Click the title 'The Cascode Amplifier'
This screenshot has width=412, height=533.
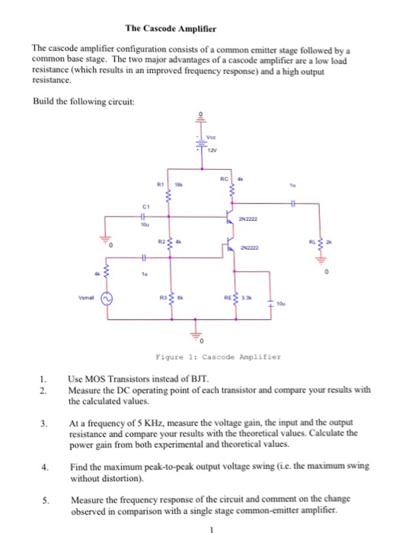tap(171, 29)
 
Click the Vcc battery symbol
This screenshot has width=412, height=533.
tap(201, 142)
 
